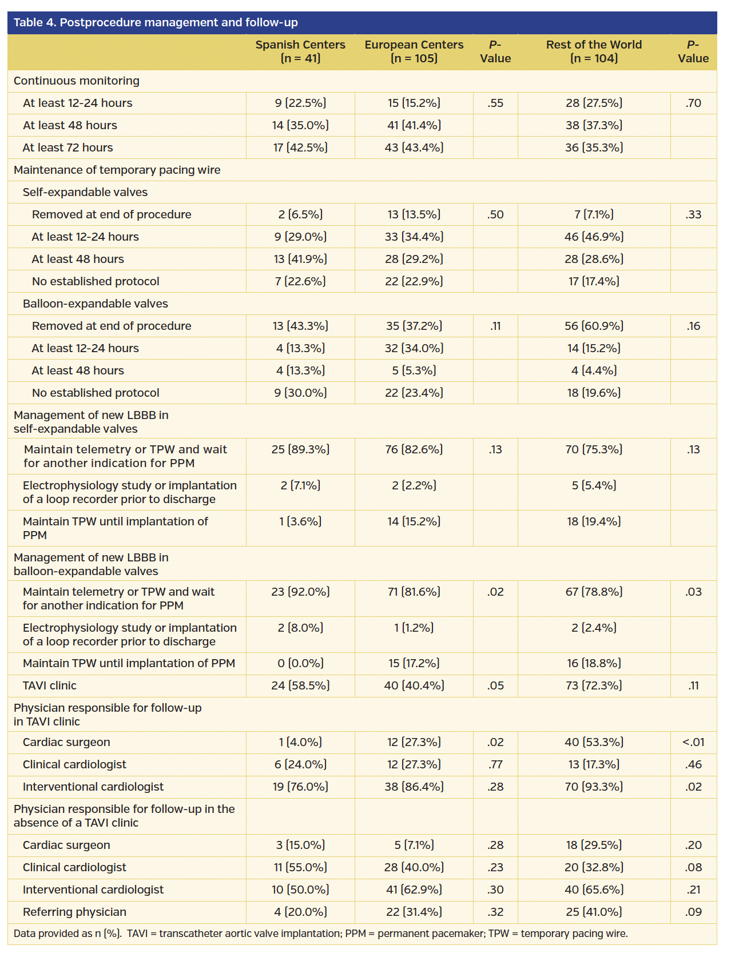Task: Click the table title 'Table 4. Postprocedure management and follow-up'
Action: point(156,23)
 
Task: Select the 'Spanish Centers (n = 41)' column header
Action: point(300,51)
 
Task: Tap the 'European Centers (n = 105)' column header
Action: point(414,51)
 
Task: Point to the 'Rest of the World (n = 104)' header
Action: point(594,51)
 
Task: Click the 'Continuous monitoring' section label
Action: point(77,81)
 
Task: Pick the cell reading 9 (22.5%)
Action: point(300,103)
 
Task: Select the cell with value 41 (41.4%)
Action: point(414,125)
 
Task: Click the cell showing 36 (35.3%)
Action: point(594,147)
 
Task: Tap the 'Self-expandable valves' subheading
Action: point(85,192)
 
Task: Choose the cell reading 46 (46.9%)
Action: point(594,237)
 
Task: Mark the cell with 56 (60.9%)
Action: point(594,326)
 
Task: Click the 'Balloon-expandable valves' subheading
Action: point(96,304)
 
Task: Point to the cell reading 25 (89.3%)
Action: point(300,449)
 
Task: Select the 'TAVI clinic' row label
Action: point(50,685)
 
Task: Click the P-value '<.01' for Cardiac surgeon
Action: point(693,742)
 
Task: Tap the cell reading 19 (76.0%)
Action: point(300,787)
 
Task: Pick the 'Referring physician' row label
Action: point(74,912)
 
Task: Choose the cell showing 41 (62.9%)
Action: point(414,890)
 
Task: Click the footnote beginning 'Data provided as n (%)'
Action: point(320,934)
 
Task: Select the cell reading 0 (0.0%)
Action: point(300,663)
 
